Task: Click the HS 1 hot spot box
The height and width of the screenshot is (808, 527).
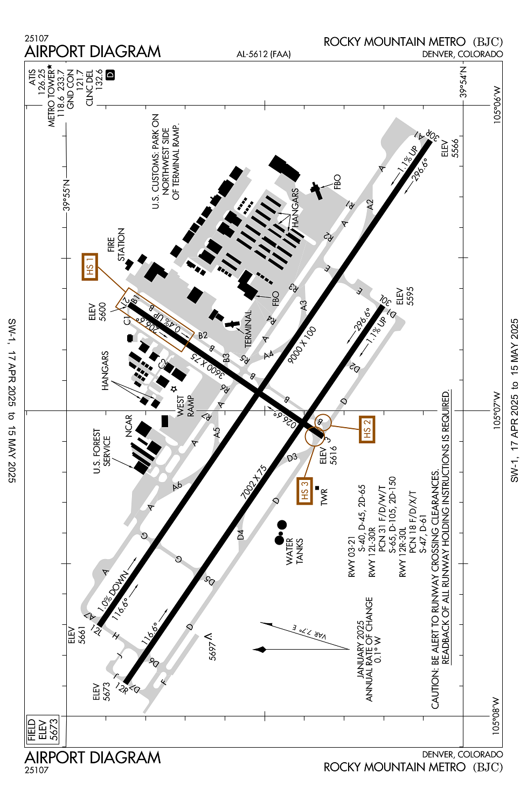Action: click(x=90, y=267)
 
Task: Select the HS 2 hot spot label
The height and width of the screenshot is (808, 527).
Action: click(x=367, y=429)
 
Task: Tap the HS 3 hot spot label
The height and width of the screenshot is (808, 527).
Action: click(x=304, y=491)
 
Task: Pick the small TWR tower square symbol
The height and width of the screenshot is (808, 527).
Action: click(x=317, y=487)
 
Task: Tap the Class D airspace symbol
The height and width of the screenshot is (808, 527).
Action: click(x=110, y=75)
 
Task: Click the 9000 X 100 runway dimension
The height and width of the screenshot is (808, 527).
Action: click(x=302, y=345)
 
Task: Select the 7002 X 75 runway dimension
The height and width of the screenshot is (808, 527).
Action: click(x=254, y=482)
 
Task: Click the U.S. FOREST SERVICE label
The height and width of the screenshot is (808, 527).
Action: click(x=102, y=451)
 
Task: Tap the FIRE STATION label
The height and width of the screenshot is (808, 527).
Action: click(x=116, y=245)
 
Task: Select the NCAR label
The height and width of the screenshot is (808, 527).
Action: click(x=129, y=426)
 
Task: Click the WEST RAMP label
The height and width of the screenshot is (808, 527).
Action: click(x=185, y=406)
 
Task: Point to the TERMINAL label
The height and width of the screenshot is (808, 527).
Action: click(x=248, y=329)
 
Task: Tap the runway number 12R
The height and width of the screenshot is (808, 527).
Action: click(x=122, y=688)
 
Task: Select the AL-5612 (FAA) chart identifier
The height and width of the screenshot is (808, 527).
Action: click(x=263, y=54)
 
